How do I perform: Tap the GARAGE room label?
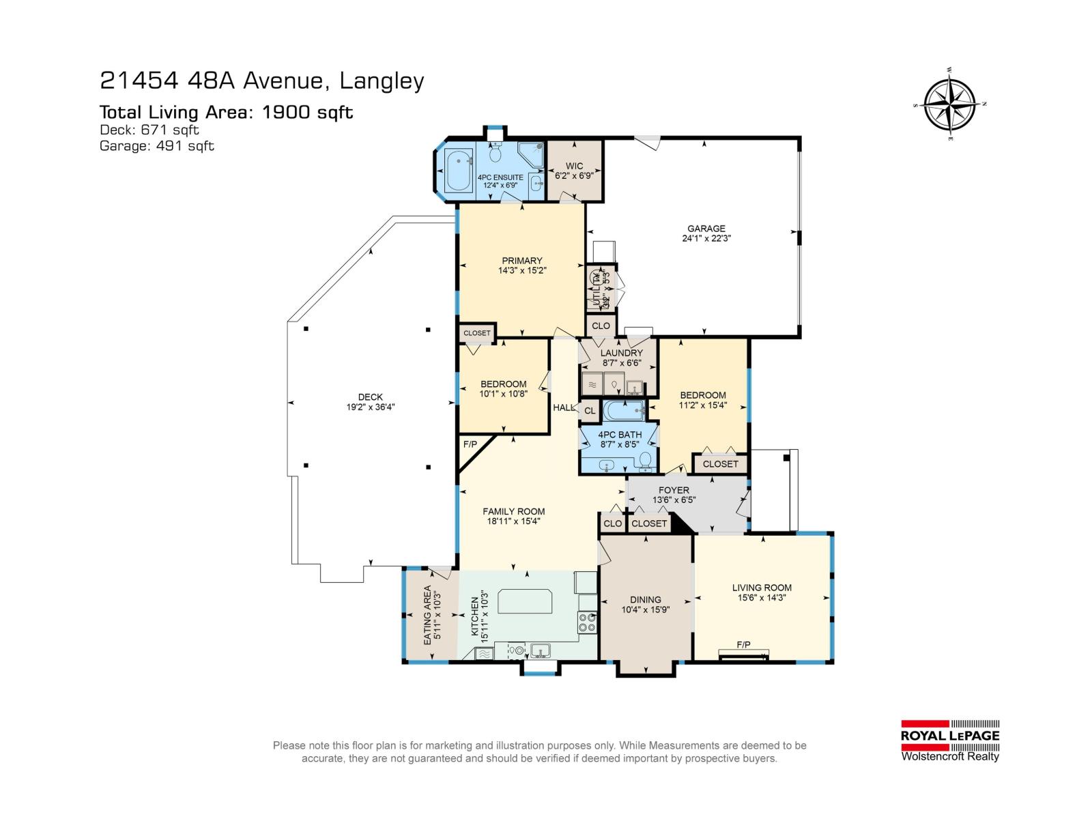point(706,229)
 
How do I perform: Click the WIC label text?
point(574,166)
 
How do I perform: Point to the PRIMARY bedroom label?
point(521,261)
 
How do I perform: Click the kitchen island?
point(525,601)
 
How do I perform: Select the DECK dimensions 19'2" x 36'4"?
point(371,407)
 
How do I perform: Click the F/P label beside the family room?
point(470,444)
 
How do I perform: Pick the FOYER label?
point(674,490)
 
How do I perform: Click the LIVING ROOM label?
point(762,588)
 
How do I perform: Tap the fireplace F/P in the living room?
point(743,645)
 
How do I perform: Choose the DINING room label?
point(645,600)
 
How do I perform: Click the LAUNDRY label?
point(621,353)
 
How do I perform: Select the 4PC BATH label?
point(620,435)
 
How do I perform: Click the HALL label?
point(564,407)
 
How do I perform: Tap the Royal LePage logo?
point(950,741)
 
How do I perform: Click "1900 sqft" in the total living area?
point(308,113)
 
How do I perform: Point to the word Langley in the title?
point(382,81)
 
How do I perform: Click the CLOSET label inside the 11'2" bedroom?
point(720,464)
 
